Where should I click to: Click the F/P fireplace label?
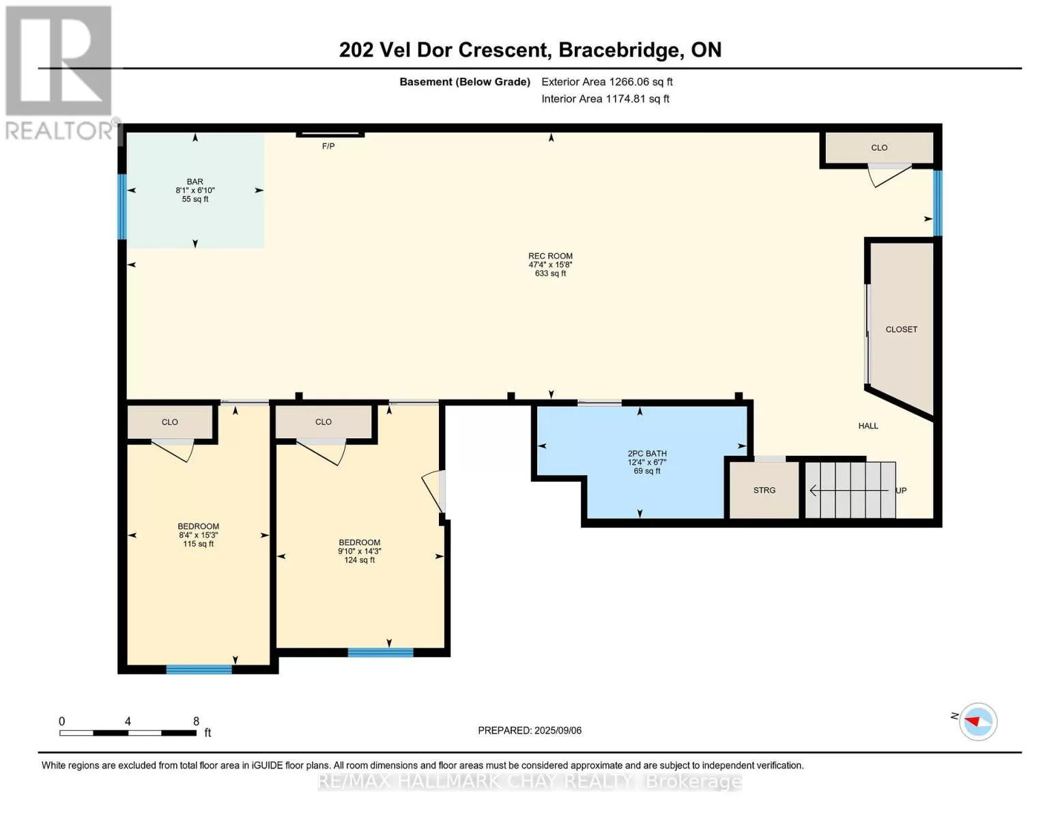[x=328, y=146]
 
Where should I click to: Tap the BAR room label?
[x=195, y=182]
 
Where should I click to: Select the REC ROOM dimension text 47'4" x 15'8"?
[x=550, y=265]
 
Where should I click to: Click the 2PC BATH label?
[x=647, y=454]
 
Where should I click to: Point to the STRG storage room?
[x=764, y=489]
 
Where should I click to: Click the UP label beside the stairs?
[x=901, y=491]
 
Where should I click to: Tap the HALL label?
[x=868, y=426]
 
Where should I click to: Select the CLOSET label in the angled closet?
[x=901, y=329]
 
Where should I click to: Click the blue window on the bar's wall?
[x=122, y=206]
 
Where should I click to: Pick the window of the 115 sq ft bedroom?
[x=199, y=670]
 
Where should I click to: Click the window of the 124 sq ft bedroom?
[x=380, y=652]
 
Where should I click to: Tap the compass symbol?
[x=977, y=722]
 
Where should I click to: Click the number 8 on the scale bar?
[x=196, y=721]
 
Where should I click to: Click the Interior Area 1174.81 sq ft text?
[x=605, y=99]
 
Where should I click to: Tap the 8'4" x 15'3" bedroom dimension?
[x=198, y=535]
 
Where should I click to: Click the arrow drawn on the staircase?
[x=849, y=490]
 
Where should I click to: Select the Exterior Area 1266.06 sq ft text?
[x=607, y=82]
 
